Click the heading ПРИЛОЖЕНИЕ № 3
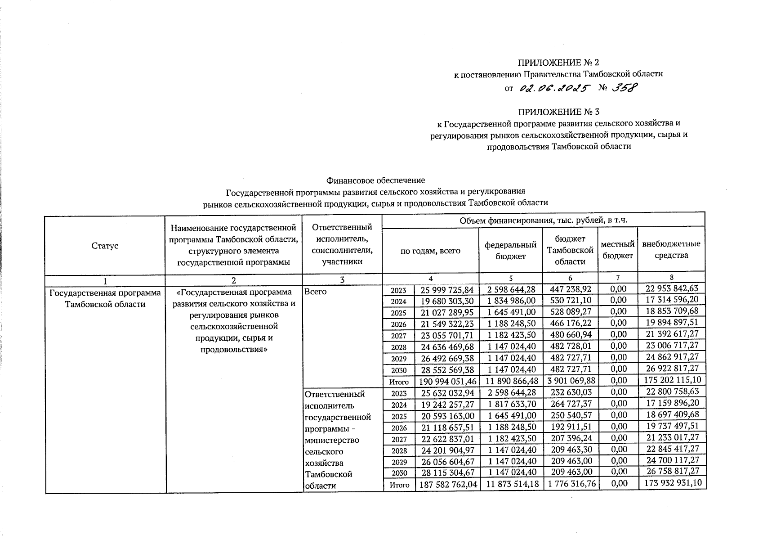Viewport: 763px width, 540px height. click(x=558, y=112)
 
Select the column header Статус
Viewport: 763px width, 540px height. click(x=105, y=246)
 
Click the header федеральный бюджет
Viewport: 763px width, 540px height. click(x=510, y=250)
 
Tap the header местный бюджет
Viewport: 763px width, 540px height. click(x=617, y=250)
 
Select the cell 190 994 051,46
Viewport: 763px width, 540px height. click(x=447, y=382)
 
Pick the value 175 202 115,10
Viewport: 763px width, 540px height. click(x=671, y=380)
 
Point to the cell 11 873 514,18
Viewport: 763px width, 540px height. click(x=510, y=484)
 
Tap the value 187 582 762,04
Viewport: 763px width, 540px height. click(x=447, y=485)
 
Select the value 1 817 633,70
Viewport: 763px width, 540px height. click(x=510, y=404)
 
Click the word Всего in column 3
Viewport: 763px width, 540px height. click(x=315, y=292)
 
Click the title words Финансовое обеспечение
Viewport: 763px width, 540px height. click(x=375, y=180)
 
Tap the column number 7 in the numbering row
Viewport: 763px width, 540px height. click(x=617, y=278)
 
